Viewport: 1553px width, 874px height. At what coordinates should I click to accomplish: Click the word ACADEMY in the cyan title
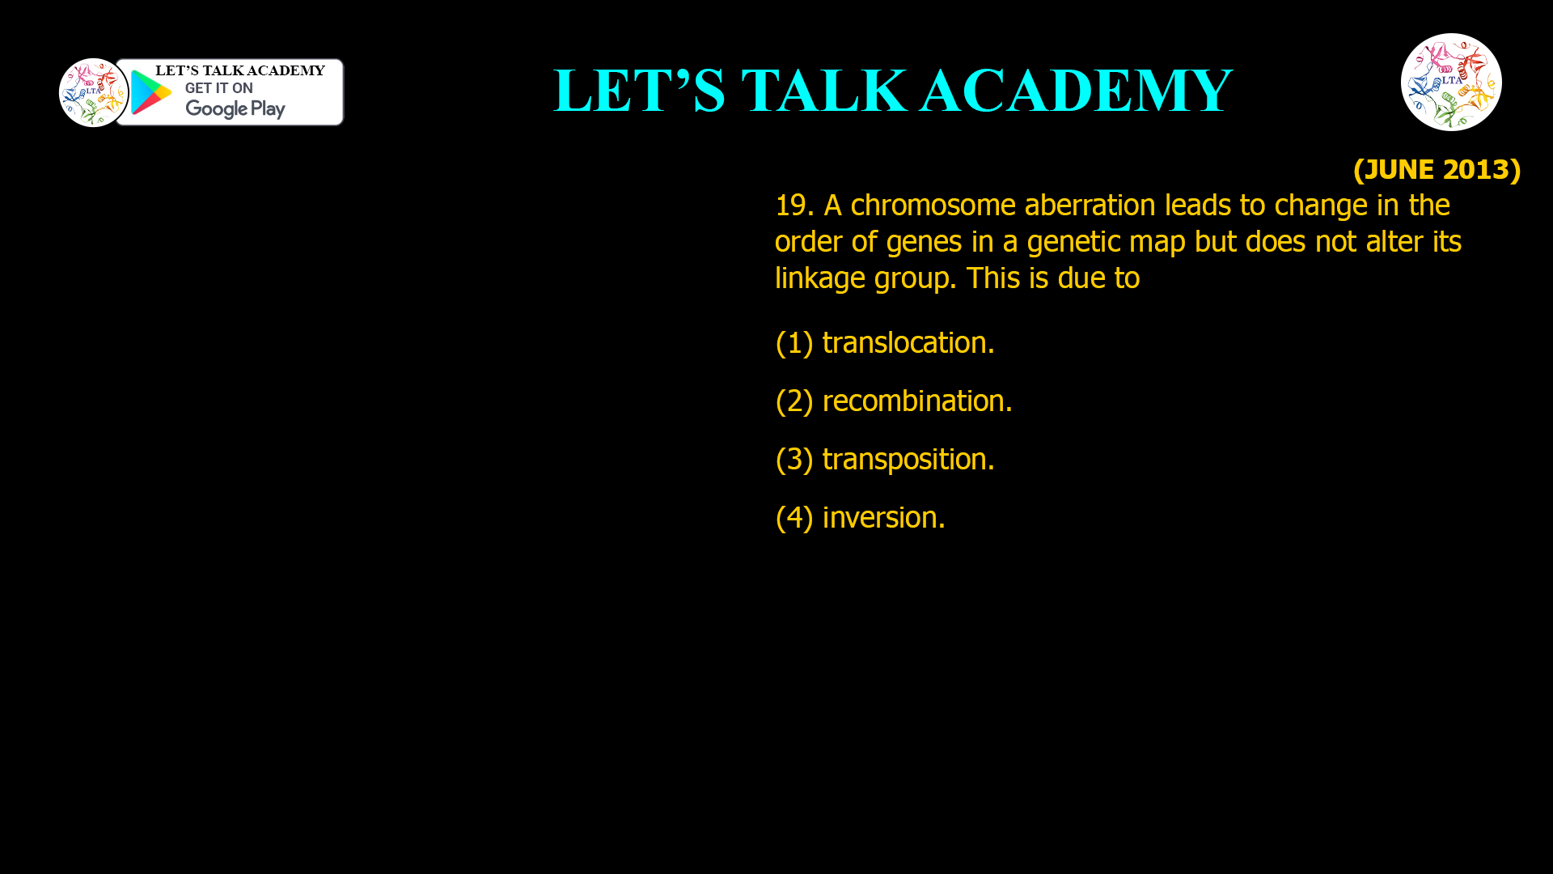click(1076, 91)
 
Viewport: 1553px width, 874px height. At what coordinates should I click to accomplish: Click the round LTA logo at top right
click(1451, 82)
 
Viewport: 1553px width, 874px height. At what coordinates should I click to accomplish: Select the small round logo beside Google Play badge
click(93, 92)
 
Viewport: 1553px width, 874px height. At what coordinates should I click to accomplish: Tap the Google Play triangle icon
click(150, 92)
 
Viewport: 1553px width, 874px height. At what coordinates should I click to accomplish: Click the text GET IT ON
click(218, 88)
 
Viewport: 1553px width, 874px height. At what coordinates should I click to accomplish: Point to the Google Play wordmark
click(235, 108)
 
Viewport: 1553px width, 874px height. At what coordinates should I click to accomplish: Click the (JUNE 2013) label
click(1437, 169)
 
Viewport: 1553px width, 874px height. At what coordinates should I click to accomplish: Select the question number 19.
click(793, 206)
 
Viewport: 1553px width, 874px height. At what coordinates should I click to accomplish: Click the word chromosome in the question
click(933, 206)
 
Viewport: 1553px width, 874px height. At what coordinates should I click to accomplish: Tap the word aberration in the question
click(1090, 206)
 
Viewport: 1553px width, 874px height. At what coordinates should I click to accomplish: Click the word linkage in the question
click(819, 278)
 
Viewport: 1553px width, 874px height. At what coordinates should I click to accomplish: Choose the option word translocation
click(908, 343)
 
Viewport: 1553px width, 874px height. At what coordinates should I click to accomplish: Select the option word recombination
click(916, 401)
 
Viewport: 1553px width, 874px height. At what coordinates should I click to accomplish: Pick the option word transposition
click(908, 460)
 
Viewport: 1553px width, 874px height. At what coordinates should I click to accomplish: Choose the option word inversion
click(883, 518)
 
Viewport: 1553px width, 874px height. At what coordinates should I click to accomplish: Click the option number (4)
click(793, 518)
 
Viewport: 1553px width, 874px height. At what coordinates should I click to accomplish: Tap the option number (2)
click(793, 401)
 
